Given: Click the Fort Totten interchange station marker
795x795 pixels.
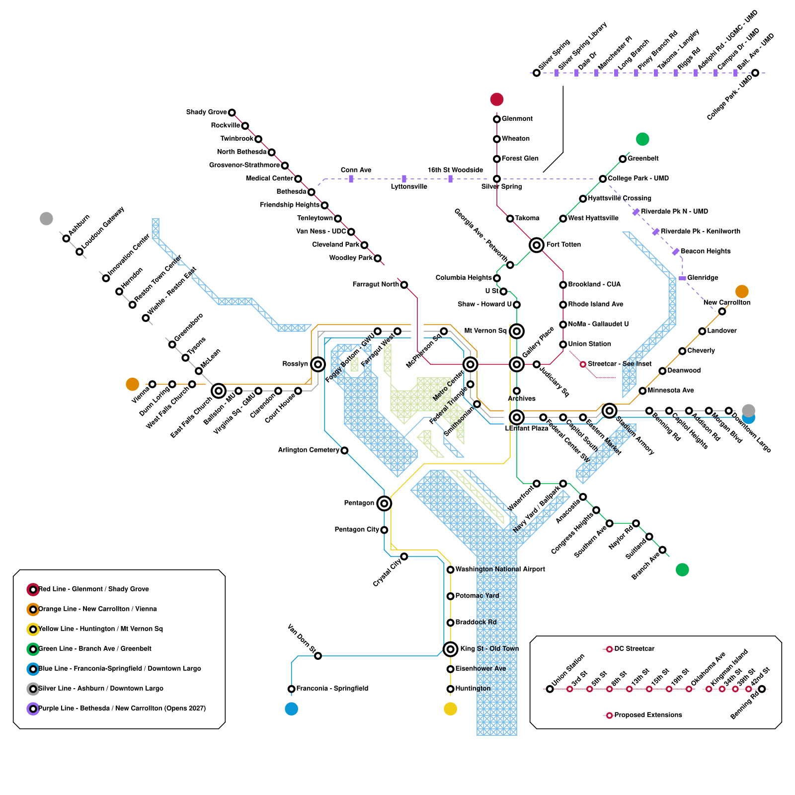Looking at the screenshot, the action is pos(536,245).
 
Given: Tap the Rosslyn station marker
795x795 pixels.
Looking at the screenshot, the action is pos(318,364).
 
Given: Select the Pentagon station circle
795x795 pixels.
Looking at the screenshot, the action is pos(384,503).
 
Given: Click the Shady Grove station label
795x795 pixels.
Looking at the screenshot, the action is pos(206,112).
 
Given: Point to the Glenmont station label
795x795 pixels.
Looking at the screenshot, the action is pos(517,119).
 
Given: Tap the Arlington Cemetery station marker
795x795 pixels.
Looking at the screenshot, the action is pos(344,450).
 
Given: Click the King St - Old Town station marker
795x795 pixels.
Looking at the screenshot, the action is pos(450,649).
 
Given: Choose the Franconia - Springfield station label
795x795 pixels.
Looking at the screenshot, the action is pos(332,688).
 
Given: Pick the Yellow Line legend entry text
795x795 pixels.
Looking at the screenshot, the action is pos(100,629).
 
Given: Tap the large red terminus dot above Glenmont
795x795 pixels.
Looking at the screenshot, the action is pos(497,99).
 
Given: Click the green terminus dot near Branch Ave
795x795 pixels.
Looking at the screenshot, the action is pos(682,569).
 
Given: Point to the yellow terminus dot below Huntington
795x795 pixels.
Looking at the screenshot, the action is pos(450,709).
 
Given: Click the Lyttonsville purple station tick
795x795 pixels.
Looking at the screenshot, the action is pos(404,179).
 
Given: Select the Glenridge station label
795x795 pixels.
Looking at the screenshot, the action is pos(703,278).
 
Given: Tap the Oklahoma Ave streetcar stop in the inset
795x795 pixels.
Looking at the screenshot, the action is pos(689,689).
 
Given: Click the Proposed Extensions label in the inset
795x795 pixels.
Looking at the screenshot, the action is pos(648,715).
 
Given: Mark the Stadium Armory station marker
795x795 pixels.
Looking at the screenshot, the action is pos(609,411).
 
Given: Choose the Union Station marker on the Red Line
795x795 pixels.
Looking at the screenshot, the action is pos(563,344).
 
